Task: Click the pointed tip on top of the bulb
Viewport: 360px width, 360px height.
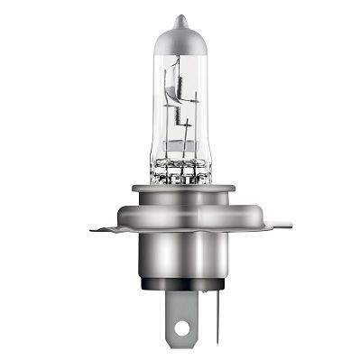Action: [x=180, y=19]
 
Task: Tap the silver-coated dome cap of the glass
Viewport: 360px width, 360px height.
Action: [x=180, y=42]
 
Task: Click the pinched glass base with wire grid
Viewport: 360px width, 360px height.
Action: [x=180, y=164]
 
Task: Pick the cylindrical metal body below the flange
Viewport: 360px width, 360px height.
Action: [x=180, y=262]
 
